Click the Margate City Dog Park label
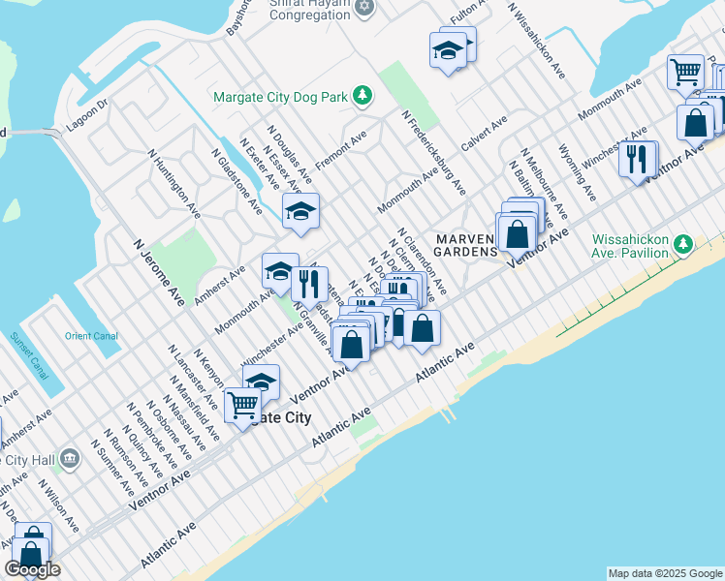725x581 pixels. pos(281,96)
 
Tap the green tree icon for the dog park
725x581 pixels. pos(362,95)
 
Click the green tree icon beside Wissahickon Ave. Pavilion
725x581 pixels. pos(684,243)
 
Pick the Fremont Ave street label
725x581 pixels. pos(340,152)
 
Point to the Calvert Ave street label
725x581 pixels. pos(484,133)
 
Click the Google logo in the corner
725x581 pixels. pos(31,569)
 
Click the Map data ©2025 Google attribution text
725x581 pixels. pos(664,573)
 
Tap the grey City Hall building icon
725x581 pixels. pos(69,457)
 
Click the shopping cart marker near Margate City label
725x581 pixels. pos(241,404)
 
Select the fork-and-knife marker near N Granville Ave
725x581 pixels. pos(309,283)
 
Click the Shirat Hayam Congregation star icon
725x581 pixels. pos(364,8)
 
